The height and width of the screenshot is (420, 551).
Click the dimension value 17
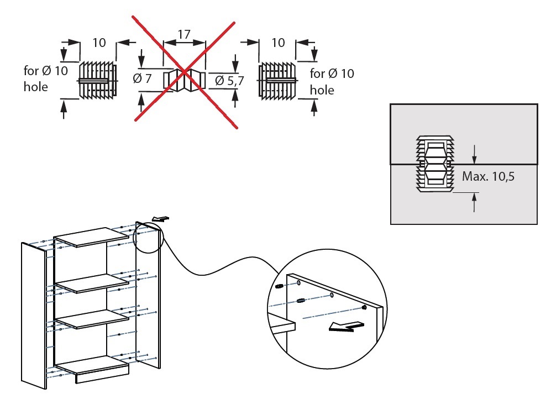184,34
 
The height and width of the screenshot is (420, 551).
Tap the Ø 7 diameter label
142,78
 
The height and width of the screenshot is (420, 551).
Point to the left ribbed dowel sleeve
98,80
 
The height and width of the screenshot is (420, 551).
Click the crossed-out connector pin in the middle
184,80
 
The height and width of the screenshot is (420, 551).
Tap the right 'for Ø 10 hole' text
332,81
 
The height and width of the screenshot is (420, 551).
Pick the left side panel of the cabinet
33,315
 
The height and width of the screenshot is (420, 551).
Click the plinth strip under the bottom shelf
102,376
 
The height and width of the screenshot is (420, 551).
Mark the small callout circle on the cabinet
149,238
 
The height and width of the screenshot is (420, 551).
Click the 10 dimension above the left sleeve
99,43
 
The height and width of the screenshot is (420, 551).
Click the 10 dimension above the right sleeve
278,43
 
